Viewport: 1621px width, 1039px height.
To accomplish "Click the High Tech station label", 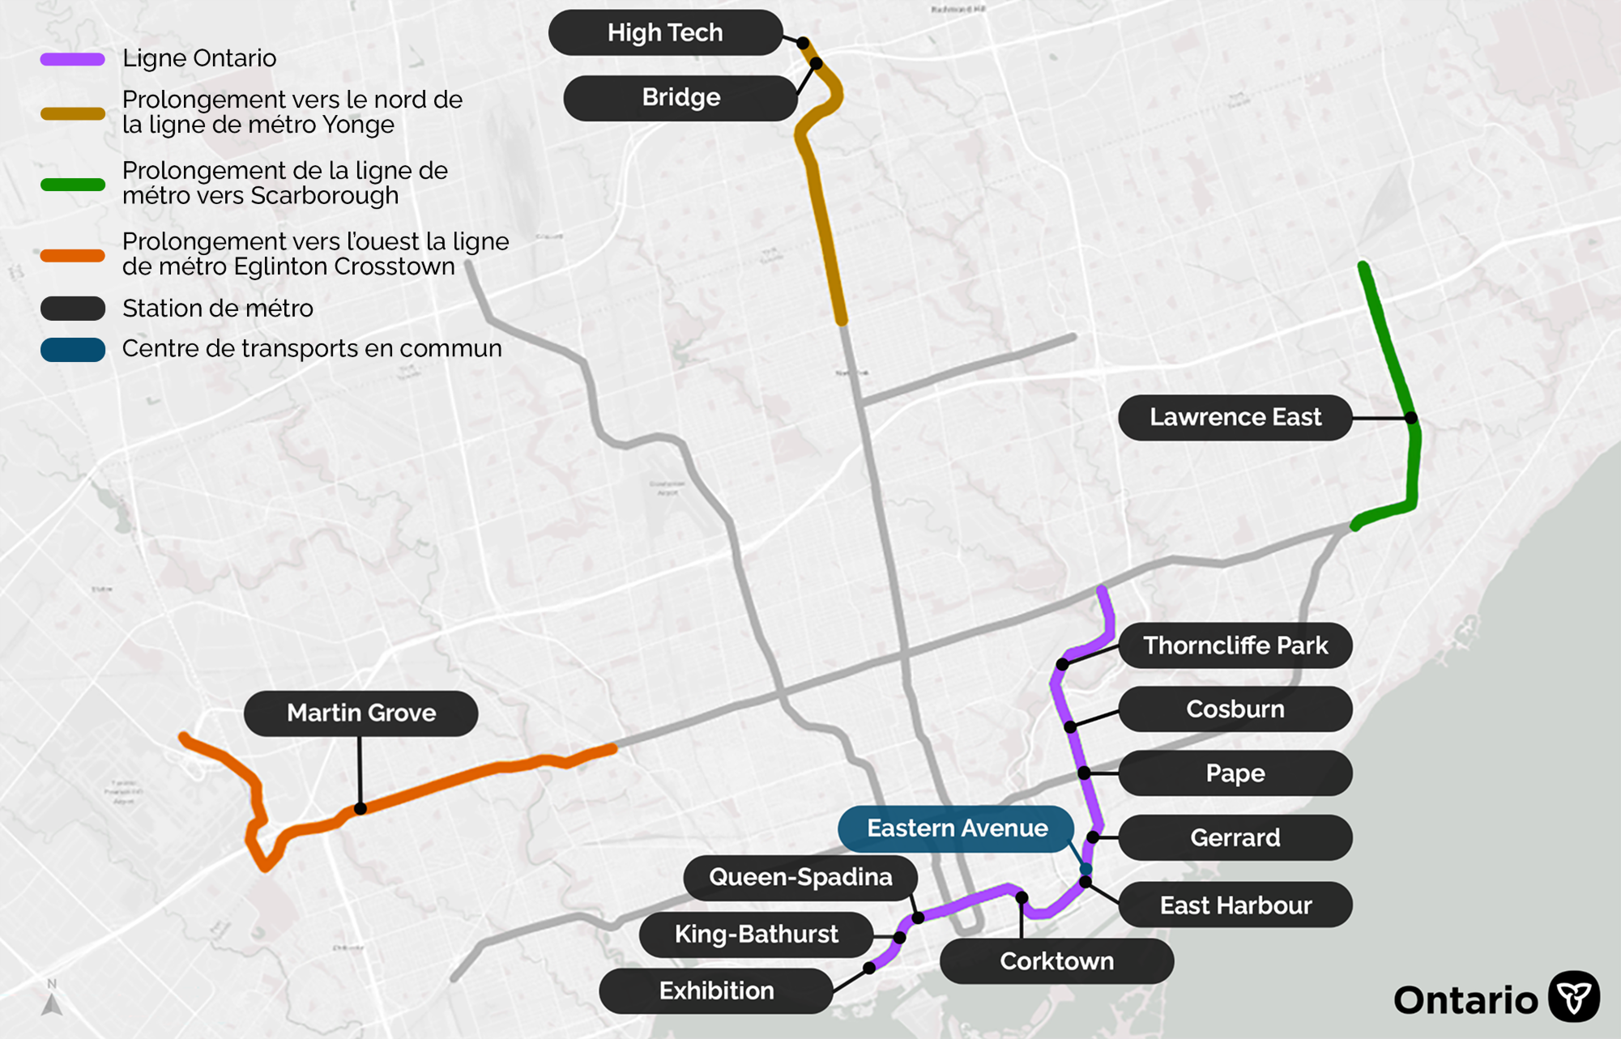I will click(x=665, y=33).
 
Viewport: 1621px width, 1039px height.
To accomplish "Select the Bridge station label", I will click(x=680, y=98).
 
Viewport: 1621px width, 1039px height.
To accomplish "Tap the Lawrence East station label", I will click(x=1235, y=418).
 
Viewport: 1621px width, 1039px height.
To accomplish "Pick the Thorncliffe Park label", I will click(x=1235, y=645).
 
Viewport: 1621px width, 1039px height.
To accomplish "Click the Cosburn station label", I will click(x=1235, y=709).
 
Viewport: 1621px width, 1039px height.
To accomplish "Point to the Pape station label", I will click(x=1235, y=773).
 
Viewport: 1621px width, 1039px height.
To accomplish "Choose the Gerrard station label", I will click(x=1235, y=837).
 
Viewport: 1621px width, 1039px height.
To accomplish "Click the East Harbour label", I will click(x=1235, y=905).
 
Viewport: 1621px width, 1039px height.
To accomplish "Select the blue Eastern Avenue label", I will click(x=956, y=828).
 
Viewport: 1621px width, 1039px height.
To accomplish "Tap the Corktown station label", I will click(x=1056, y=961).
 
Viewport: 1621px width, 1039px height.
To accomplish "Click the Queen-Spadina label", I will click(x=800, y=878).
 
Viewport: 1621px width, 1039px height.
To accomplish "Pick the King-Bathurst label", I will click(x=756, y=935).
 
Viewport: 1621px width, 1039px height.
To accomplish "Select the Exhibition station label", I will click(x=716, y=991).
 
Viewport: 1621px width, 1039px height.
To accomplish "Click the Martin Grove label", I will click(x=361, y=713).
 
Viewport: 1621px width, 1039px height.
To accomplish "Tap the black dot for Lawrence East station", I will click(x=1411, y=418).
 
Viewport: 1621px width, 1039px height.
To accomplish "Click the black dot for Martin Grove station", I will click(x=360, y=808).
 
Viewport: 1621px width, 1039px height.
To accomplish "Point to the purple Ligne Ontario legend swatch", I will click(x=73, y=59).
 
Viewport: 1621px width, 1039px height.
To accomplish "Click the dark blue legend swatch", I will click(x=73, y=350).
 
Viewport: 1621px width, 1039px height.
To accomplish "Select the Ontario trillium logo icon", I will click(x=1573, y=997).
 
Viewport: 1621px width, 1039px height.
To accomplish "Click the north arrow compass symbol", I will click(x=52, y=1001).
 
